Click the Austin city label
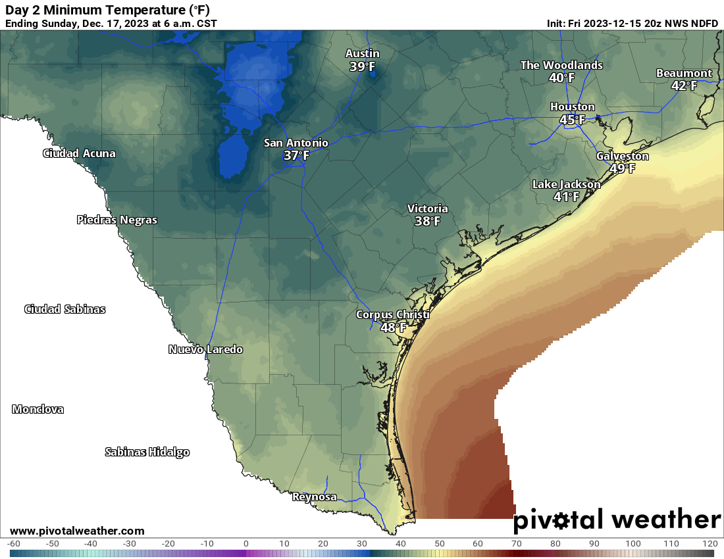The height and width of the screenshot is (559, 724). [363, 53]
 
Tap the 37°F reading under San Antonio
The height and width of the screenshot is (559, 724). [296, 155]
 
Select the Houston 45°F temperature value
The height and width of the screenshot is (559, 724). [572, 120]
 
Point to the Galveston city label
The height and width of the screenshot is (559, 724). [622, 156]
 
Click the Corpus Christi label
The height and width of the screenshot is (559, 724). [392, 314]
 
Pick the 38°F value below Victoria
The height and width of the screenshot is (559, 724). [427, 222]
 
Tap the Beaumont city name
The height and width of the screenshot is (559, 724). [684, 73]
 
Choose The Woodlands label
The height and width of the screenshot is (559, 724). [561, 65]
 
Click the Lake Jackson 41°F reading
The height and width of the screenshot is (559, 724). [566, 197]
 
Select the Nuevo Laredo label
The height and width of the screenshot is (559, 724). [205, 349]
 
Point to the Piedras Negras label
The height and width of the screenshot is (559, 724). [117, 220]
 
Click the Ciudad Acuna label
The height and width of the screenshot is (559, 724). [79, 153]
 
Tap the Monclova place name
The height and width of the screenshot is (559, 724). [38, 409]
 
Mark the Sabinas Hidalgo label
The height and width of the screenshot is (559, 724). [147, 452]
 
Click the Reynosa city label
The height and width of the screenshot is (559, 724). [314, 497]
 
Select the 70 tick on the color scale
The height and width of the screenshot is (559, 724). [517, 544]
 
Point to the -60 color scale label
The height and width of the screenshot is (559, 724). [13, 544]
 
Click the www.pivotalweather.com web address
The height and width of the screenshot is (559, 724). [77, 531]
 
